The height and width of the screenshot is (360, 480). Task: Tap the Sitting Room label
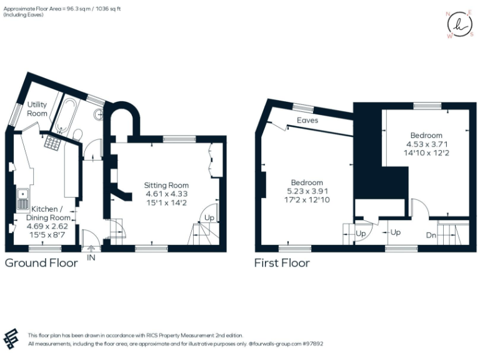pyautogui.click(x=166, y=185)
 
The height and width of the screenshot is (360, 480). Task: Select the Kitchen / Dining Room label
pyautogui.click(x=47, y=212)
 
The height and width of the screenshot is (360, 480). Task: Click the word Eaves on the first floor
pyautogui.click(x=307, y=120)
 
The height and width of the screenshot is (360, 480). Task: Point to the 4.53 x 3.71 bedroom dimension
pyautogui.click(x=426, y=144)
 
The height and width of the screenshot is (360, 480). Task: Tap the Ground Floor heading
pyautogui.click(x=41, y=262)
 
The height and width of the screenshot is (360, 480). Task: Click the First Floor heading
pyautogui.click(x=281, y=262)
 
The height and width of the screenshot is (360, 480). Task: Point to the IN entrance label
pyautogui.click(x=91, y=257)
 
